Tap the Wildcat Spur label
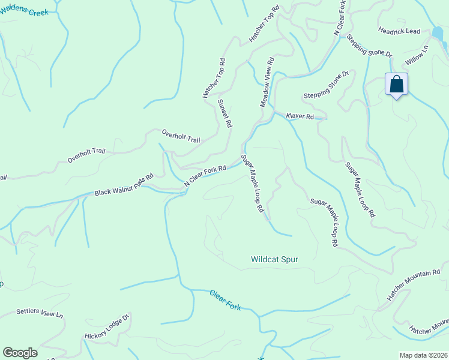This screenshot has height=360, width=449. coord(274,260)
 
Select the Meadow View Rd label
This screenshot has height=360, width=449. coord(267,83)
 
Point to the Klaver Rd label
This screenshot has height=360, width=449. coord(300,116)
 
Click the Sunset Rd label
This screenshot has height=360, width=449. coord(224,114)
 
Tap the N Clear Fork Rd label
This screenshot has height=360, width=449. coord(205,176)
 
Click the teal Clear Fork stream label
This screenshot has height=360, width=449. coord(225,300)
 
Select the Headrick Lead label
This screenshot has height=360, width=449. coord(399,31)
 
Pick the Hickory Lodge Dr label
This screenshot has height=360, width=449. coord(107,327)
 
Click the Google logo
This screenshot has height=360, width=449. coord(20,353)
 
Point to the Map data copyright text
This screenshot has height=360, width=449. coord(423,355)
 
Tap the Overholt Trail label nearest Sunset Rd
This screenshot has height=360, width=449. coord(181,136)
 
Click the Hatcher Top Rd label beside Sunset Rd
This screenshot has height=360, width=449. coord(214,79)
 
